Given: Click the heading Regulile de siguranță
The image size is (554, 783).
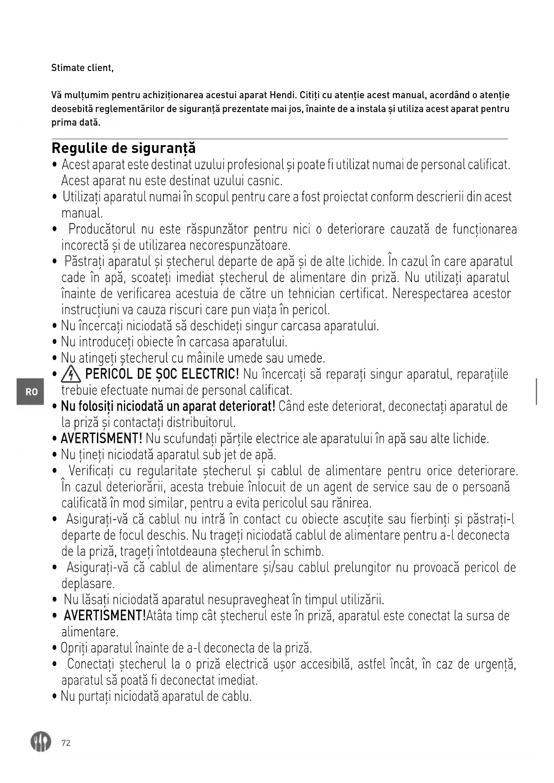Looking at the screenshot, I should [x=124, y=148].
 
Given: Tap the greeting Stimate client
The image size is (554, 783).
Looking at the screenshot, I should [x=82, y=68].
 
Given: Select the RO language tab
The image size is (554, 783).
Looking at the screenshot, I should [x=31, y=392].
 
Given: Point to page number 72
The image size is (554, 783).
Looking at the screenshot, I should [x=66, y=743].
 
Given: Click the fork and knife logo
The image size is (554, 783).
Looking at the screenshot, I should [x=41, y=742].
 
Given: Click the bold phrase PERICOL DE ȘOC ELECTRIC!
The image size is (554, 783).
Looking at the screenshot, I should [x=162, y=374].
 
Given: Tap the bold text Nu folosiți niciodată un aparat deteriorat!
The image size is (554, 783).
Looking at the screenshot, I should [x=168, y=406].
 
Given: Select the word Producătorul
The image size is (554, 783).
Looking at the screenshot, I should [x=102, y=229].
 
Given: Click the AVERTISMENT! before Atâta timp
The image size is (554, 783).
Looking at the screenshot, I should [x=104, y=616].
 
